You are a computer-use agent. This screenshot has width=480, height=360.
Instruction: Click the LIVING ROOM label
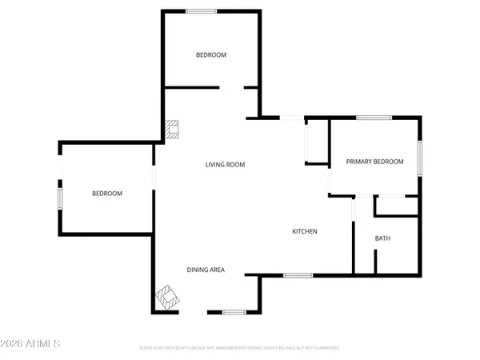225,165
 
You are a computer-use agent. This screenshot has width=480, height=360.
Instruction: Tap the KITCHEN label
305,231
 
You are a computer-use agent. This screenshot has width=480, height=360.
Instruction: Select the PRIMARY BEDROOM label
374,162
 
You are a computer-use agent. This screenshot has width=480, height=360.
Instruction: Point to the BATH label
383,238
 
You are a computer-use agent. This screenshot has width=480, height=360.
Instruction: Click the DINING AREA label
206,270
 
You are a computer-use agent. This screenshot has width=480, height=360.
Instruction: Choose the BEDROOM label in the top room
211,54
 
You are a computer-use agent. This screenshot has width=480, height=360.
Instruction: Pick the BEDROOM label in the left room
106,194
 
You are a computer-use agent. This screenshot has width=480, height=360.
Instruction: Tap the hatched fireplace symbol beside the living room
172,129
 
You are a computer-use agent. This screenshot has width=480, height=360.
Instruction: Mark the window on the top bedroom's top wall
201,11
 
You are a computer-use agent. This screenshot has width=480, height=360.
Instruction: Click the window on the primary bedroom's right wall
420,156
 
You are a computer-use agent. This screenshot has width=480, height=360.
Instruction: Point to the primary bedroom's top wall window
374,118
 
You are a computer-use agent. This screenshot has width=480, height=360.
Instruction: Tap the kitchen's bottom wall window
298,275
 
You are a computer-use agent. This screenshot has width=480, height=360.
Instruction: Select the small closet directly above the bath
397,206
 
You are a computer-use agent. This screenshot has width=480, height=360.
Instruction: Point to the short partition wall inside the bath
374,261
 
